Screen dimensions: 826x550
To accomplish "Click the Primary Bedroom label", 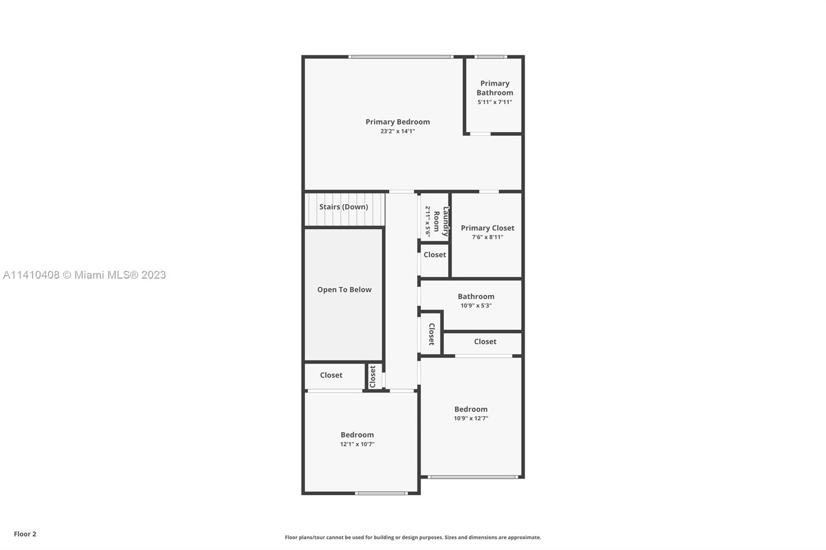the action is coord(398,122).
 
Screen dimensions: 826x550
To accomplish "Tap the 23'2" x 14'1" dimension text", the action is coord(398,131).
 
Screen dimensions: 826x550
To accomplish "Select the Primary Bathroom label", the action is coord(495,88).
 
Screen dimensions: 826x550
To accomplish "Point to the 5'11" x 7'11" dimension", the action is coord(495,102).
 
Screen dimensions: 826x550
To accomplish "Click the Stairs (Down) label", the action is coord(344,207).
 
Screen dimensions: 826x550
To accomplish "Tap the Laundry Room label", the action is coord(441,221).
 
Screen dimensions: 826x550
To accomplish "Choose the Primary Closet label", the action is coord(487,228).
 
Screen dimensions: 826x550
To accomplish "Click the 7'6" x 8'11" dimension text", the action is coord(487,237).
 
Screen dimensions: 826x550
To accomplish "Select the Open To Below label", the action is coord(344,290).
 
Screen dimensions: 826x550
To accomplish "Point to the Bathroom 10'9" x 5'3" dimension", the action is coord(476,305).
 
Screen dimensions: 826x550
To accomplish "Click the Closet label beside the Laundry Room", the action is coord(435,255).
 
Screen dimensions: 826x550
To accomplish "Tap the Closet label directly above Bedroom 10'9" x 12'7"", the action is coord(485,342).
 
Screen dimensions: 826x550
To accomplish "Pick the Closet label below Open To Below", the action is coord(331,375).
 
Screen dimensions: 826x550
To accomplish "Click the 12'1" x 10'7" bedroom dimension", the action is coord(357,444).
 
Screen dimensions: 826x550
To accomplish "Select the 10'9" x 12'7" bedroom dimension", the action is coord(471,418).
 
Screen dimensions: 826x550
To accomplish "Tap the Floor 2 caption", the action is coord(25,534).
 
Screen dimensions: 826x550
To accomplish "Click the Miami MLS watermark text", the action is coord(85,275).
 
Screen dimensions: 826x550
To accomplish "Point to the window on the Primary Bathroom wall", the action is coord(490,57).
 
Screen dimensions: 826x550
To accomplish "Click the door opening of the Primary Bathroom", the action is coord(480,134).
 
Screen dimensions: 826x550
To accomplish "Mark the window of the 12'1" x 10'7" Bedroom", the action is coord(382,493).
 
